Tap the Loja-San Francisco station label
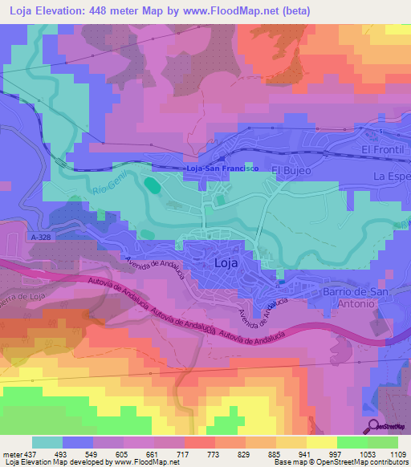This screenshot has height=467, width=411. (221, 169)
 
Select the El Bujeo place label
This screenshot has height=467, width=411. (290, 170)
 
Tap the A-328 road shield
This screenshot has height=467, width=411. (45, 238)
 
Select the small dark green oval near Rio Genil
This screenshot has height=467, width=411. (151, 185)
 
